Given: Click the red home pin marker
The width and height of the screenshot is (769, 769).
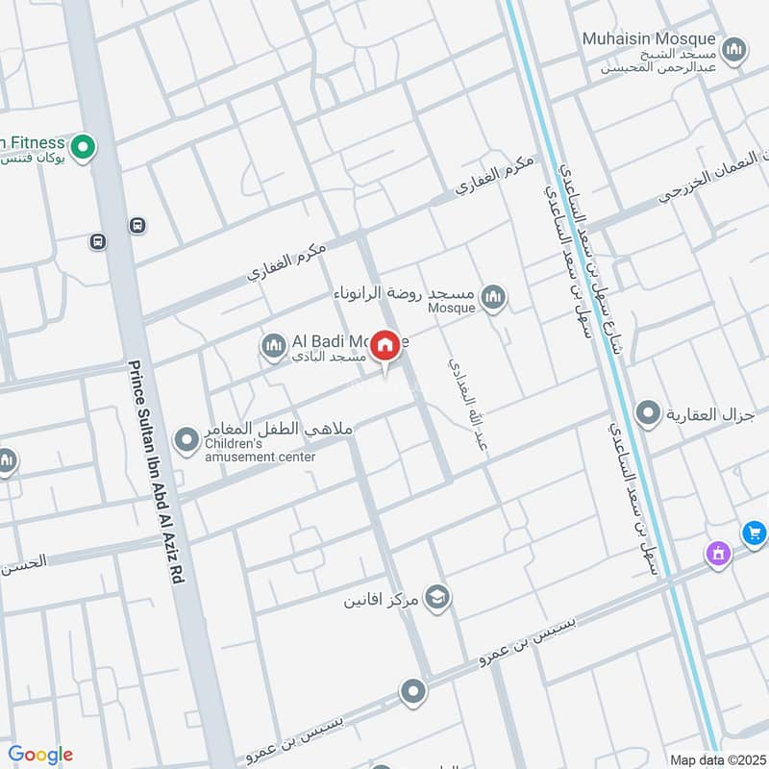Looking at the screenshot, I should point(385,346).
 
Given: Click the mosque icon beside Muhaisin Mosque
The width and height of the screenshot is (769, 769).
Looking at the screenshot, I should point(734,49).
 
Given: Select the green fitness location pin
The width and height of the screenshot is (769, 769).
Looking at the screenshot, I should point(84,147).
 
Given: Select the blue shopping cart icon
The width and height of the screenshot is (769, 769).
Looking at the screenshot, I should point(754,532).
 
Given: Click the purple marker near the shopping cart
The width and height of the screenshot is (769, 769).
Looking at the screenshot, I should point(717,553).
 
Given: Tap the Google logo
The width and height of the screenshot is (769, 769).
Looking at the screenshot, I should point(40,755).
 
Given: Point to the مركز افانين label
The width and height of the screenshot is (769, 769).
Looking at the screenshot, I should point(383,602).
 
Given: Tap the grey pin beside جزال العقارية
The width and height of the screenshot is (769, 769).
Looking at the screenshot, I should point(651,413).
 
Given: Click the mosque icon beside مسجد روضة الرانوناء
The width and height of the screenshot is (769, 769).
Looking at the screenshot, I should point(493,297).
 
